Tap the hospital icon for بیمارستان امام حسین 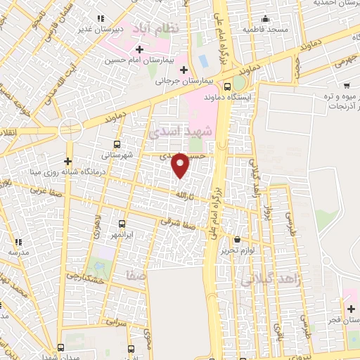[x=139, y=49]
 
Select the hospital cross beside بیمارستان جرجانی [x=184, y=70]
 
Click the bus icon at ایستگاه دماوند [x=227, y=86]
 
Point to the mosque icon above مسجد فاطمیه [x=265, y=19]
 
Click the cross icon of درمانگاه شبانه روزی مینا [x=68, y=161]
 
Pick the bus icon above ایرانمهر [x=122, y=224]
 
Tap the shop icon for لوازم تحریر [x=237, y=239]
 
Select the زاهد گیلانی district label [x=271, y=280]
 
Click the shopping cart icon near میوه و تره [x=347, y=85]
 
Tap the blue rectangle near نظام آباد [x=203, y=61]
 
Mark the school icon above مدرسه [x=16, y=240]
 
